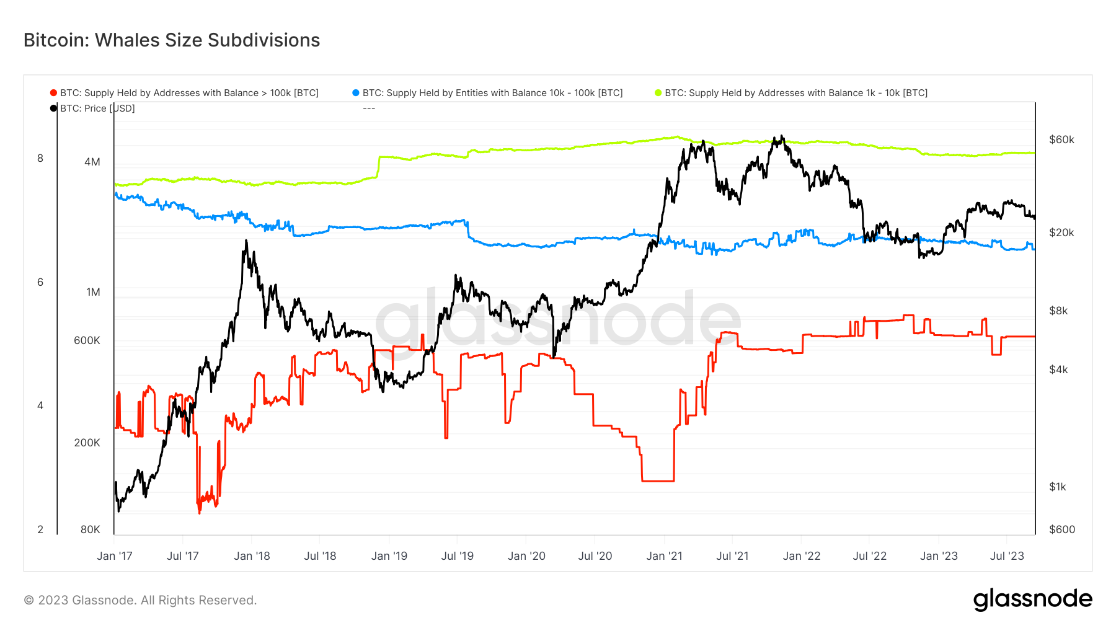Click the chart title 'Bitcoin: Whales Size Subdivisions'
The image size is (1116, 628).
coord(172,40)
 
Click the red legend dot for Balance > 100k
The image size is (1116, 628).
coord(53,93)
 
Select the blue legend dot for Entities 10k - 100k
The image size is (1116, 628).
coord(356,93)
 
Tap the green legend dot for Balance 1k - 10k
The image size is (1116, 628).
coord(658,93)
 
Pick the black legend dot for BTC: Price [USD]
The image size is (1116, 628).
coord(53,108)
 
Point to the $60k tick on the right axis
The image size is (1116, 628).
coord(1061,139)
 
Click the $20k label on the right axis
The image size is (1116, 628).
coord(1061,232)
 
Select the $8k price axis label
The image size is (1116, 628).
coord(1058,311)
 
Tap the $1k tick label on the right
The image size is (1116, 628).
coord(1058,487)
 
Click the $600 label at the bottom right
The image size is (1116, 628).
coord(1061,529)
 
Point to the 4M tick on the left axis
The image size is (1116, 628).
coord(92,162)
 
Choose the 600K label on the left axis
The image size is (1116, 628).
coord(87,340)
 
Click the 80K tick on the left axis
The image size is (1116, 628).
coord(90,529)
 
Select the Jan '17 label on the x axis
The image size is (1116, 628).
coord(115,556)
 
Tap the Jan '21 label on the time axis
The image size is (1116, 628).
coord(664,556)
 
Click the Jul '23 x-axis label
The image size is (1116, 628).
coord(1007,556)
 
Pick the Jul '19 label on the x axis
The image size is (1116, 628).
coord(457,556)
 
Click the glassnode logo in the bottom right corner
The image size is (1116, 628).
coord(1032,599)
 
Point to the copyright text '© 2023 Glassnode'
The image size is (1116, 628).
coord(140,600)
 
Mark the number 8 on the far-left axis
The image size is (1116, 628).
coord(40,158)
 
